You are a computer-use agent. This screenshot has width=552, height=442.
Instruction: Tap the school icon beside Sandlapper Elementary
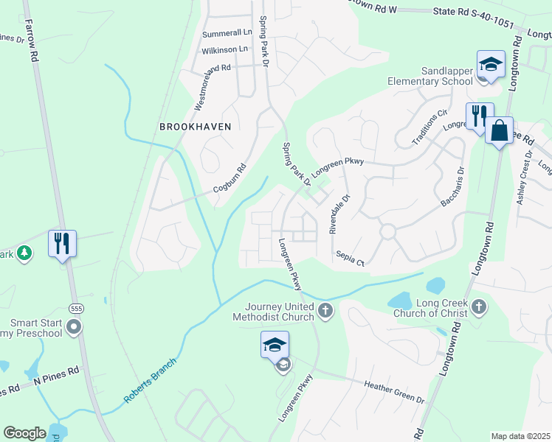pyautogui.click(x=491, y=64)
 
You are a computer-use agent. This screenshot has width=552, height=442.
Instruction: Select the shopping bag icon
pyautogui.click(x=500, y=131)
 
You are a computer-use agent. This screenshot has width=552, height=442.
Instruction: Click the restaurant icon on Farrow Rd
pyautogui.click(x=62, y=243)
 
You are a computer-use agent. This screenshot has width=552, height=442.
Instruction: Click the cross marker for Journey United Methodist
pyautogui.click(x=325, y=312)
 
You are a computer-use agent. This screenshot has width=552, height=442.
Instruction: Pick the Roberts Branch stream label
pyautogui.click(x=151, y=381)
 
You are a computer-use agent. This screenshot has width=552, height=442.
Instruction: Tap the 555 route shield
pyautogui.click(x=76, y=307)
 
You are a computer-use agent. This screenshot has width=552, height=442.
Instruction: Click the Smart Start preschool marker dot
pyautogui.click(x=73, y=327)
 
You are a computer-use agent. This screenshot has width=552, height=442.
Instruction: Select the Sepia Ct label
pyautogui.click(x=351, y=257)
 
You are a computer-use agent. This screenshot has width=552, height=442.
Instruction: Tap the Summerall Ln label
pyautogui.click(x=227, y=33)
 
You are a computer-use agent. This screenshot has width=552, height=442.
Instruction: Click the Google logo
pyautogui.click(x=25, y=433)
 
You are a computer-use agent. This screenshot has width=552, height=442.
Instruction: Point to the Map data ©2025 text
pyautogui.click(x=520, y=436)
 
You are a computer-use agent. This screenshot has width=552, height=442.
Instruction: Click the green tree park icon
pyautogui.click(x=24, y=253)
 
